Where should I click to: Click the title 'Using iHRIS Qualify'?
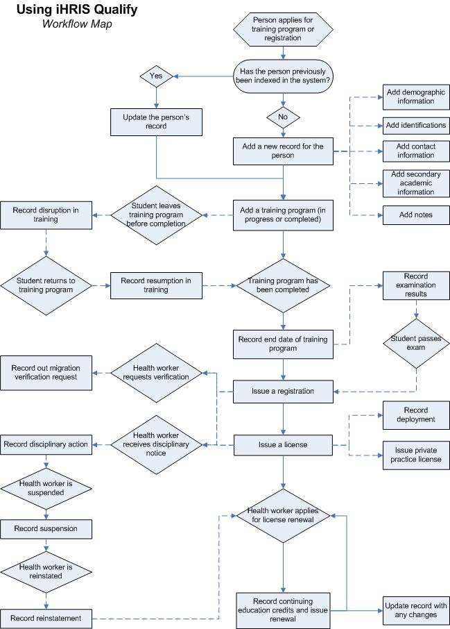[x=76, y=10]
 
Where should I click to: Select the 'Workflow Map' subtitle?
[x=76, y=24]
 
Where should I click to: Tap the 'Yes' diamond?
[x=155, y=76]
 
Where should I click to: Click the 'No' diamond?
[x=283, y=116]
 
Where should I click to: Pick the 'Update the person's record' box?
[x=155, y=123]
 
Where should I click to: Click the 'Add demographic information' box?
[x=416, y=97]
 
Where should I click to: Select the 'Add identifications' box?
[x=416, y=125]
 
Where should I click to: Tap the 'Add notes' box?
[x=416, y=215]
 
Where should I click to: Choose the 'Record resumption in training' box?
[x=155, y=285]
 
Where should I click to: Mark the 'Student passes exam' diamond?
[x=416, y=343]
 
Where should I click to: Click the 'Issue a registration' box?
[x=283, y=391]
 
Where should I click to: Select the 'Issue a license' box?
[x=283, y=444]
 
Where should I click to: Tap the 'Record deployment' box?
[x=416, y=414]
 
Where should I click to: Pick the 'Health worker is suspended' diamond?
[x=46, y=487]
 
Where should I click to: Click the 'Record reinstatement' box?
[x=46, y=618]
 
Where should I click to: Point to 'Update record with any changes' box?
[x=416, y=610]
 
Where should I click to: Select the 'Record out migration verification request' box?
[x=46, y=372]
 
